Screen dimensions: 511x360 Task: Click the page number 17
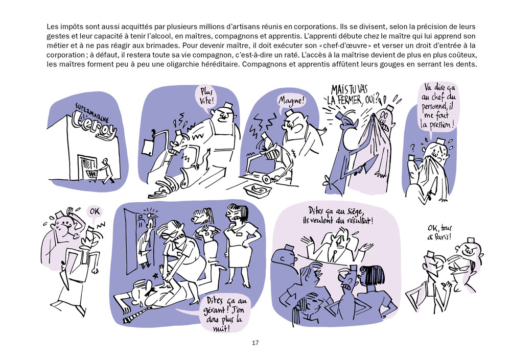255,343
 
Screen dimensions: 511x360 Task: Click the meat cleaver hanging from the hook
149,148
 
